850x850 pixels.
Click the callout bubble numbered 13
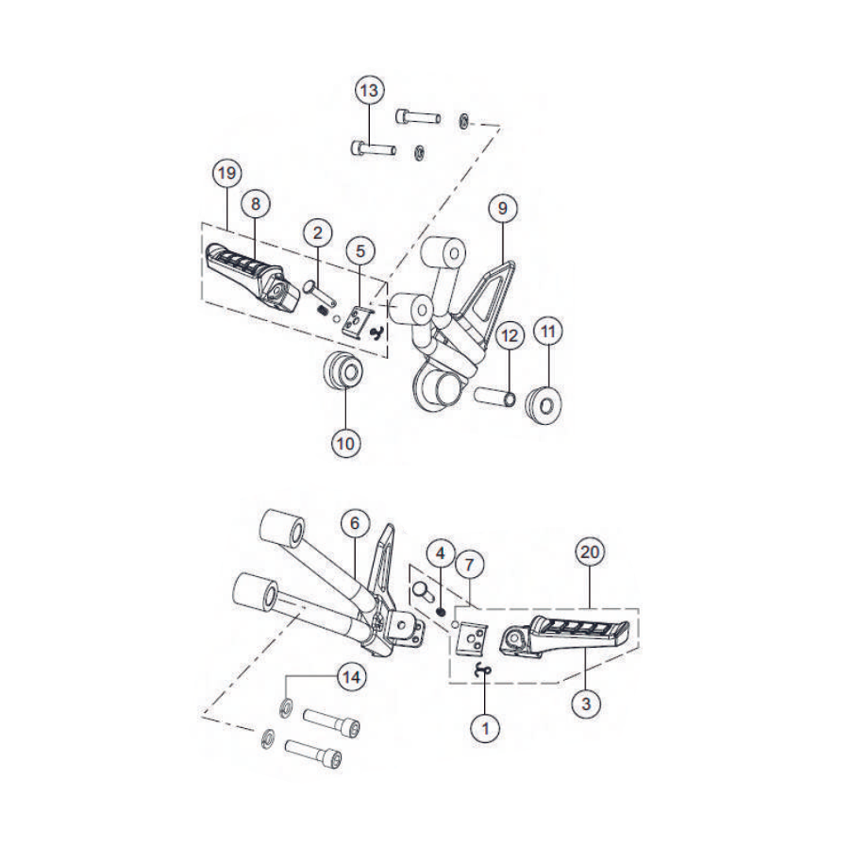(369, 90)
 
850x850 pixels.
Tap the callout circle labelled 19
(227, 173)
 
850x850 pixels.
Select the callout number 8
(255, 204)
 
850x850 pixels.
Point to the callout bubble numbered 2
(318, 233)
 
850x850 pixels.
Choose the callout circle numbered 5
(360, 250)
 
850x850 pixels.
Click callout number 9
(502, 208)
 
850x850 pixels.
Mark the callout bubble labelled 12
(509, 336)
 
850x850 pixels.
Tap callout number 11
(548, 331)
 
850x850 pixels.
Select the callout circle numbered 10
(346, 444)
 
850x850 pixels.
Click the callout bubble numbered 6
(354, 523)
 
